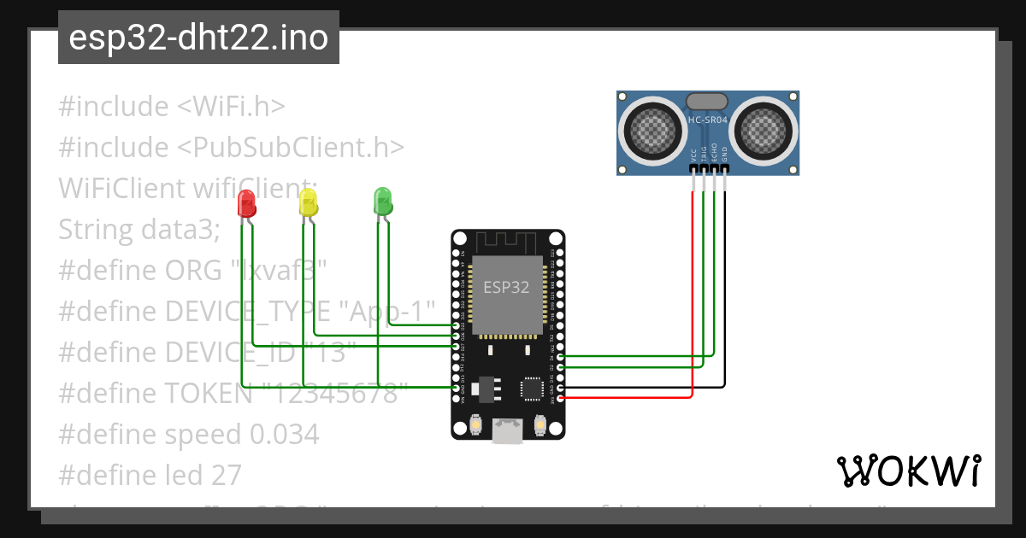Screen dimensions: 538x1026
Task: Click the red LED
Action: click(x=246, y=203)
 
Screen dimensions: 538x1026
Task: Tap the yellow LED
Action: click(x=308, y=203)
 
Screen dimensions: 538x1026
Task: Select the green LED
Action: click(x=382, y=202)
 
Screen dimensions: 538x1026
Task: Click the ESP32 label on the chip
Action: click(x=506, y=287)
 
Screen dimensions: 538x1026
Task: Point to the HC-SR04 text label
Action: click(x=708, y=120)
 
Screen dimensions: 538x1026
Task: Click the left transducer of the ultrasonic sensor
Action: click(x=654, y=129)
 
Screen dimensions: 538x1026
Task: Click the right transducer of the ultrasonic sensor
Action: click(x=763, y=129)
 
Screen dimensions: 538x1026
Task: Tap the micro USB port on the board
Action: click(x=509, y=432)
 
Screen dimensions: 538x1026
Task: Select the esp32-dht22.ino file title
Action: click(x=198, y=38)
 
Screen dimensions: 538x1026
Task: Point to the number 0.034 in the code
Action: click(x=284, y=434)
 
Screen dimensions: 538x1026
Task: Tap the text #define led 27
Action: click(x=150, y=475)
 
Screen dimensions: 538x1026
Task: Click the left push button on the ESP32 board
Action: click(x=476, y=424)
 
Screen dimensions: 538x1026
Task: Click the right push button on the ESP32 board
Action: click(x=540, y=424)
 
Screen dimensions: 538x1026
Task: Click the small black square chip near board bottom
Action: click(x=532, y=389)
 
